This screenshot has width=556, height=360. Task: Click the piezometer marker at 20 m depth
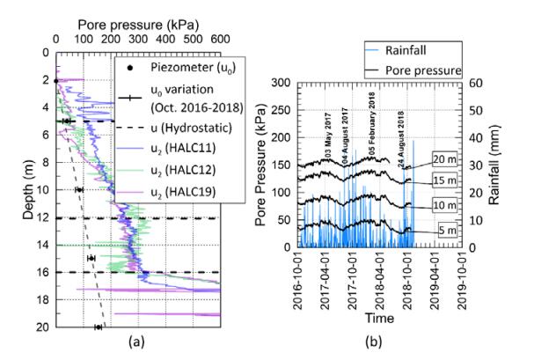(x=99, y=327)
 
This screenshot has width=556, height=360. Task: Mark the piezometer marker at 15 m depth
(x=91, y=258)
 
